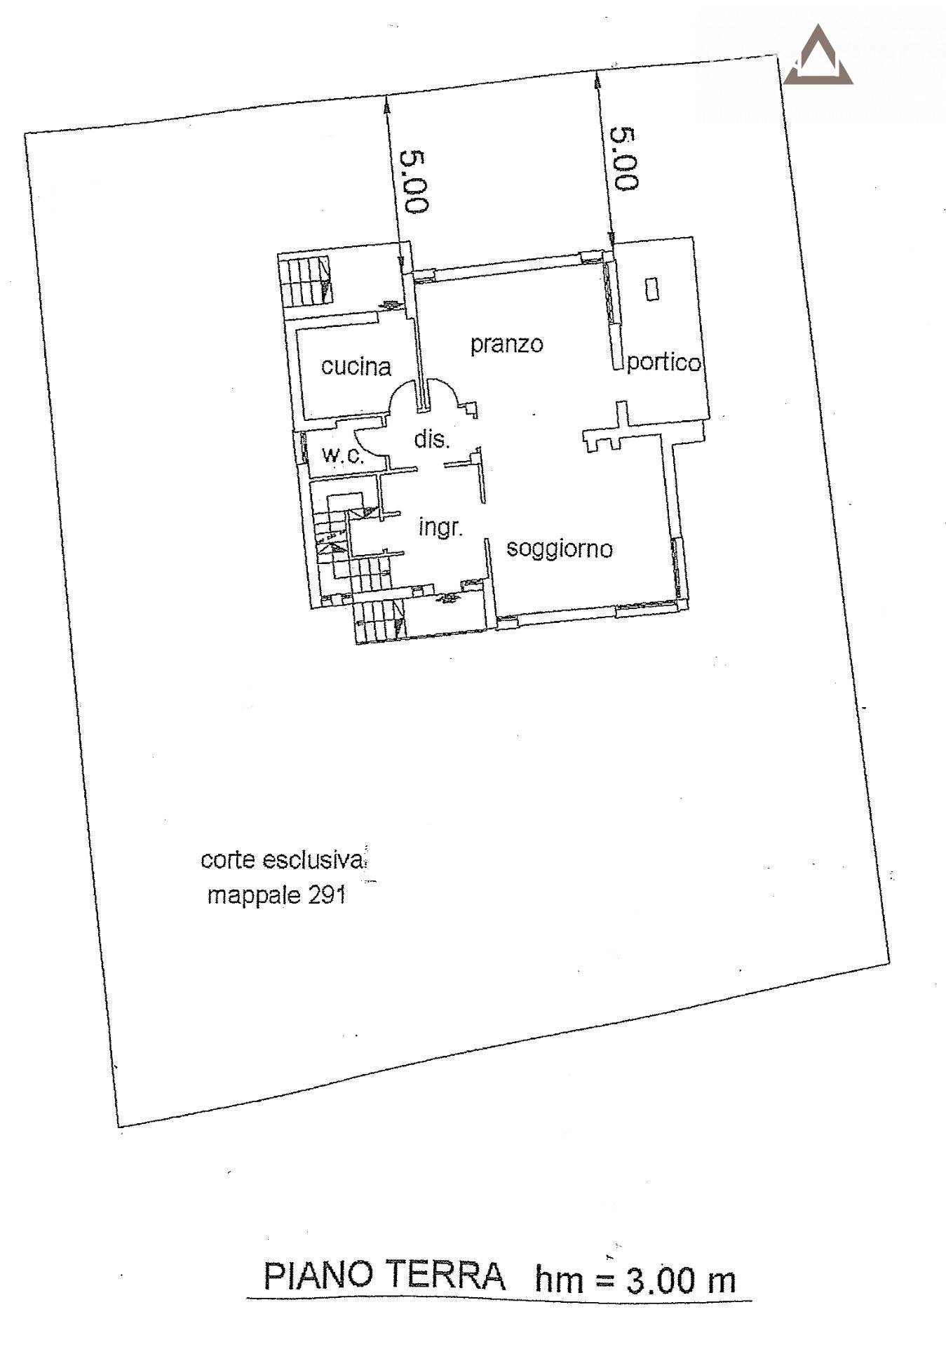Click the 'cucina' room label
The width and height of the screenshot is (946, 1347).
click(x=356, y=366)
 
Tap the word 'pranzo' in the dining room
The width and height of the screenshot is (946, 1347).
click(x=506, y=344)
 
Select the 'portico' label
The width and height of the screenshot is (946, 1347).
click(x=663, y=362)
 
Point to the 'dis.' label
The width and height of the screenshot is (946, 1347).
click(x=431, y=439)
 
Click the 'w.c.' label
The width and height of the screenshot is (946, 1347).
click(x=343, y=455)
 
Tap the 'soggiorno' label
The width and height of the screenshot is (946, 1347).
click(x=560, y=548)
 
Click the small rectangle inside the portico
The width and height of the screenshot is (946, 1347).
click(x=652, y=288)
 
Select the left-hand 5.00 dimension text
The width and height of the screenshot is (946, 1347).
click(x=414, y=182)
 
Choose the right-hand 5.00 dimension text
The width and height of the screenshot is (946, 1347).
click(x=624, y=159)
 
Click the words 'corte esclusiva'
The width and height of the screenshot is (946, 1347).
click(x=283, y=860)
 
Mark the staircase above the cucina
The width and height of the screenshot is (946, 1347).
click(x=306, y=281)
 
